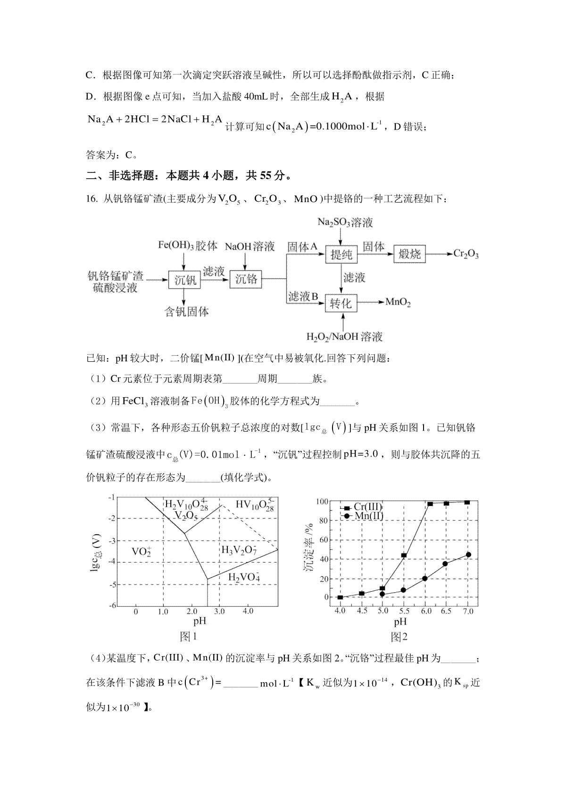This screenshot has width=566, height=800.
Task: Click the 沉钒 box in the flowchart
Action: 185,280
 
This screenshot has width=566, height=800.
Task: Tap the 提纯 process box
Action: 341,255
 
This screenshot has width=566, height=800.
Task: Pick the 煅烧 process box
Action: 409,254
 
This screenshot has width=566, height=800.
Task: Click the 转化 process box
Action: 341,303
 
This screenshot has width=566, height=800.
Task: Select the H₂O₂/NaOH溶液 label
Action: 344,337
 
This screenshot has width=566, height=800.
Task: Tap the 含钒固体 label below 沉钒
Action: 186,312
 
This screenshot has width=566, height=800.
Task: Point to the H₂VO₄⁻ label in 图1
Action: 244,577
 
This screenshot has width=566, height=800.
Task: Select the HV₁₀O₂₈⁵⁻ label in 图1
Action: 255,506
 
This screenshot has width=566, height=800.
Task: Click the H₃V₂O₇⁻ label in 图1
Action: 239,550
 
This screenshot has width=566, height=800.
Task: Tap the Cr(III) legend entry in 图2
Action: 364,507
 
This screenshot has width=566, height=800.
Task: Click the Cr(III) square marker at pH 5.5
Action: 404,555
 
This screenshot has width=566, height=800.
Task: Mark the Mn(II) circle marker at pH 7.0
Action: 468,555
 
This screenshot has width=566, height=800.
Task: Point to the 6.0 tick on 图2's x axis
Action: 425,611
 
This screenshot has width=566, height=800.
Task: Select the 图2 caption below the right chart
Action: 399,637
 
